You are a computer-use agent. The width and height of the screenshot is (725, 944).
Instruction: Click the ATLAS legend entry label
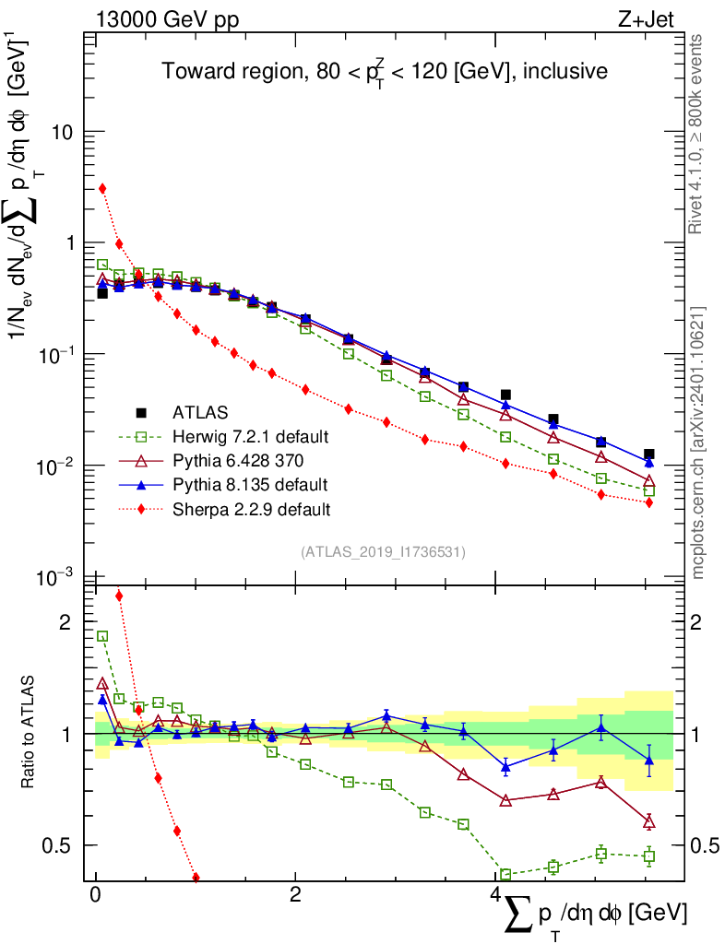pos(200,412)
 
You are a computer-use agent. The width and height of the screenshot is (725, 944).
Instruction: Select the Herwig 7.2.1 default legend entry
pos(251,436)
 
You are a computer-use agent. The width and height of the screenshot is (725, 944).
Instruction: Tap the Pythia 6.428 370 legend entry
pos(238,461)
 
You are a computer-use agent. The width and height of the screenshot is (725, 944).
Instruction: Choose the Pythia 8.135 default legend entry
pos(251,485)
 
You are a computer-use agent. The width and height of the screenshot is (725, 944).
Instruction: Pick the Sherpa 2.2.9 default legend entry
pos(252,510)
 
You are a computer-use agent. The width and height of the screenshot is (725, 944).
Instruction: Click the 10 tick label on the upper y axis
pos(61,132)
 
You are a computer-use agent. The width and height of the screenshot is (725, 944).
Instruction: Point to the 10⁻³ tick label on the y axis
pos(54,577)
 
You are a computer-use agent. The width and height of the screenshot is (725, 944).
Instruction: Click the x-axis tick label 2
pos(295,894)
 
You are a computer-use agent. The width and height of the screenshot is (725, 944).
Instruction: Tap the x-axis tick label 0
pos(95,894)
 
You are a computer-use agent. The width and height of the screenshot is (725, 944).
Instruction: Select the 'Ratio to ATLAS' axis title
pos(28,733)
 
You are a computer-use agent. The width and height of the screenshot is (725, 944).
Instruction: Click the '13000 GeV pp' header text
pos(167,20)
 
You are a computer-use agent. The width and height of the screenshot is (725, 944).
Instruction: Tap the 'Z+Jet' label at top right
pos(646,20)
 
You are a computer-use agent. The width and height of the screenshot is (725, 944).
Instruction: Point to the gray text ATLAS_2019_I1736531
pos(383,552)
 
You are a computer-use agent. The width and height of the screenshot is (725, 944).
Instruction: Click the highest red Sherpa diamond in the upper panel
pos(102,188)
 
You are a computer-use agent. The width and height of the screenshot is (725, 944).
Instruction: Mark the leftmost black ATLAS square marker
pos(102,293)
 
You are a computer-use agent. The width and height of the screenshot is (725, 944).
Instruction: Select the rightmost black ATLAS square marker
pos(649,454)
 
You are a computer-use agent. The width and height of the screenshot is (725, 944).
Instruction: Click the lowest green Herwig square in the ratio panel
pos(505,874)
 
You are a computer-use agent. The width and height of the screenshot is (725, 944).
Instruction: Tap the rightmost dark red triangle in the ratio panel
pos(649,822)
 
